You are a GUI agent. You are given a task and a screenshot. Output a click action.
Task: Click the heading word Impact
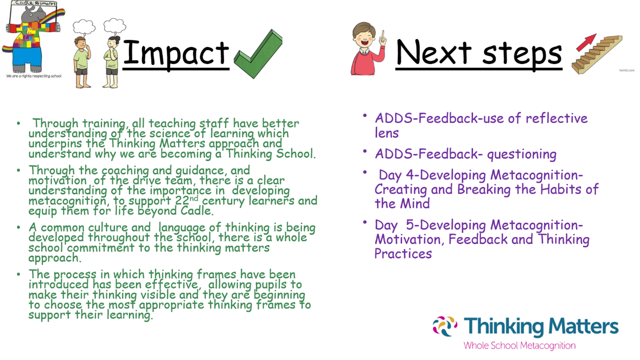[x=176, y=52]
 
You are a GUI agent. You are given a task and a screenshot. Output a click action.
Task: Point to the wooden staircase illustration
[x=597, y=56]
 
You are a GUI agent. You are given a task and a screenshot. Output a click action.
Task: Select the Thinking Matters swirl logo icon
[x=445, y=326]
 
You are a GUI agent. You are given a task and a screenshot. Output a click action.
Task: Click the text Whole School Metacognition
[x=519, y=346]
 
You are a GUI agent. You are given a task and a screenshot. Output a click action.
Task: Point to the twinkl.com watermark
[x=627, y=70]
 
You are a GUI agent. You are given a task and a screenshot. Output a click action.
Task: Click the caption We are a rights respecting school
[x=33, y=76]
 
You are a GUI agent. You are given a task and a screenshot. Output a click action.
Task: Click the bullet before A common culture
[x=19, y=227]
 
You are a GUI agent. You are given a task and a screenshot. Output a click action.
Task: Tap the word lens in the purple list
[x=387, y=133]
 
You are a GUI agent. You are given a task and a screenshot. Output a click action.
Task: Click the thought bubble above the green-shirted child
[x=84, y=27]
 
